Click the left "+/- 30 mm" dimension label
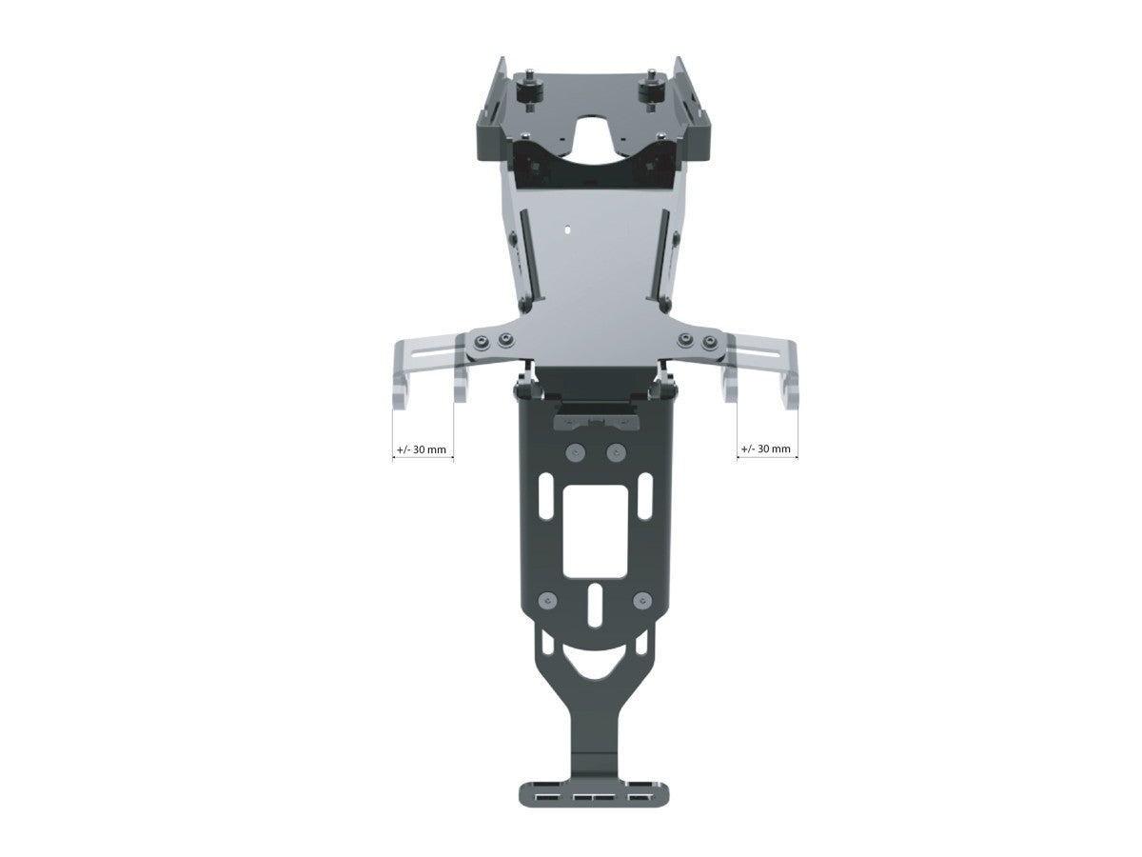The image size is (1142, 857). tap(423, 448)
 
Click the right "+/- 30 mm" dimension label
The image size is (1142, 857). tap(767, 448)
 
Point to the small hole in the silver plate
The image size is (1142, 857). tap(567, 229)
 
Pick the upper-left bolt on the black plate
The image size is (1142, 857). tap(574, 451)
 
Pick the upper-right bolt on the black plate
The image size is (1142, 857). tap(616, 451)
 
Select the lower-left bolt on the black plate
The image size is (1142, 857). tap(546, 601)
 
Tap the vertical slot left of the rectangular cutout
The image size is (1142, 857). tap(545, 499)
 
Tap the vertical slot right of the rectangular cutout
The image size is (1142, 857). tap(645, 499)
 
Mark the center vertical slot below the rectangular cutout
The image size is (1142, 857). tap(595, 605)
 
